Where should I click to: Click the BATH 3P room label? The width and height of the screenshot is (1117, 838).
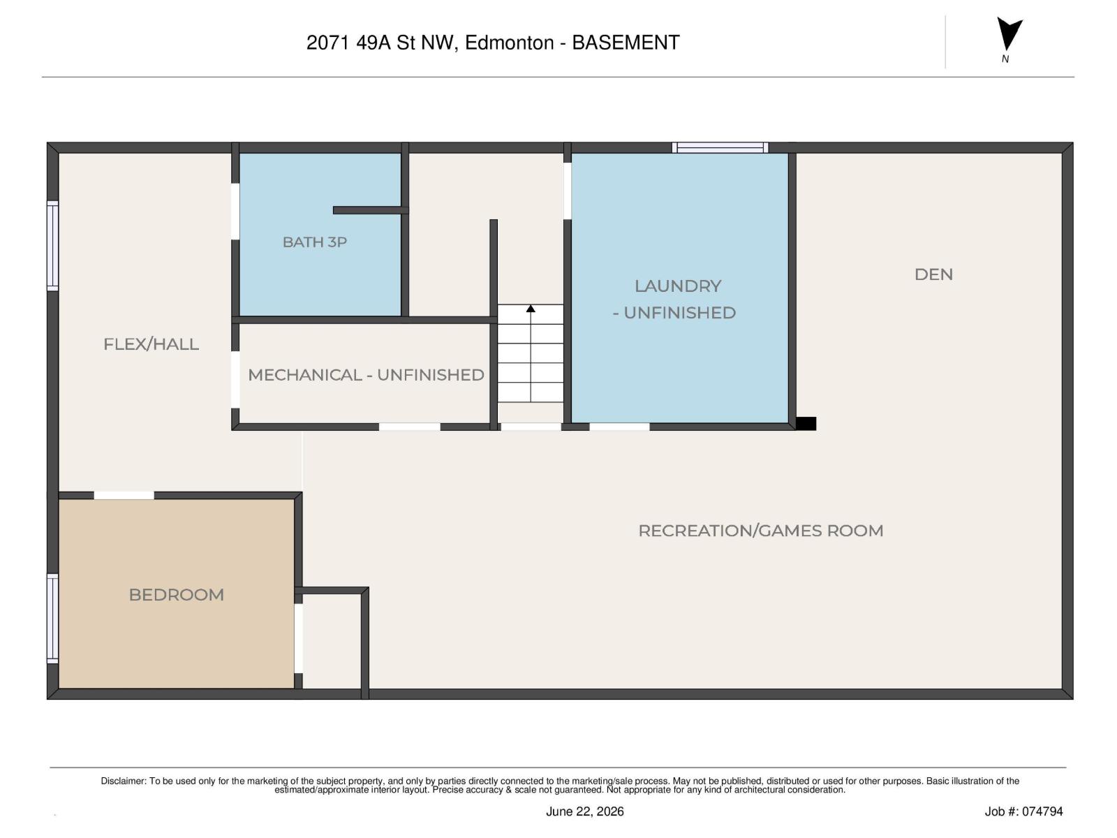coord(314,242)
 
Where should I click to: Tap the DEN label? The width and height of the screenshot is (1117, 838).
coord(933,274)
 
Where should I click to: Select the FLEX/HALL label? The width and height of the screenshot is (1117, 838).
coord(151,344)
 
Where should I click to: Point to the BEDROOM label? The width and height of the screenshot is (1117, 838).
coord(176,595)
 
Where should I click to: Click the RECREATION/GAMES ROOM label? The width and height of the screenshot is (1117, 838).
coord(760,531)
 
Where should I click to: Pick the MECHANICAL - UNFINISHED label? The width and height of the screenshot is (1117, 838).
coord(366,375)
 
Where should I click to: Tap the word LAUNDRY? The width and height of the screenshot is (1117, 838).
coord(678,286)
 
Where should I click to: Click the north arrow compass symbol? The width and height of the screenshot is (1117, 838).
coord(1009,35)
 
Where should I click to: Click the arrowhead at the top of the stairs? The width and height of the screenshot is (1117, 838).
coord(531,309)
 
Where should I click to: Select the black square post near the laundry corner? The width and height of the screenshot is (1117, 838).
coord(806,424)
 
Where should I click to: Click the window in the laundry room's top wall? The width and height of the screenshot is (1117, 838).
coord(720,147)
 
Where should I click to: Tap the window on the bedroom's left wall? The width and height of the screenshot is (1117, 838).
coord(52,618)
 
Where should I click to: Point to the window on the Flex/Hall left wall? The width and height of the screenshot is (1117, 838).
coord(52,246)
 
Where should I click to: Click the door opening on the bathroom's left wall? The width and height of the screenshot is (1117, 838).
coord(235,211)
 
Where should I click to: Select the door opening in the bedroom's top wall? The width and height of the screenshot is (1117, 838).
coord(124,496)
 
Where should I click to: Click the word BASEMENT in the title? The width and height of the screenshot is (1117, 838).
coord(626,43)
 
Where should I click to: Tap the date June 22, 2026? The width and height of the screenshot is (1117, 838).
coord(585,811)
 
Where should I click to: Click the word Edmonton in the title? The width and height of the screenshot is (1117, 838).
coord(509,43)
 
